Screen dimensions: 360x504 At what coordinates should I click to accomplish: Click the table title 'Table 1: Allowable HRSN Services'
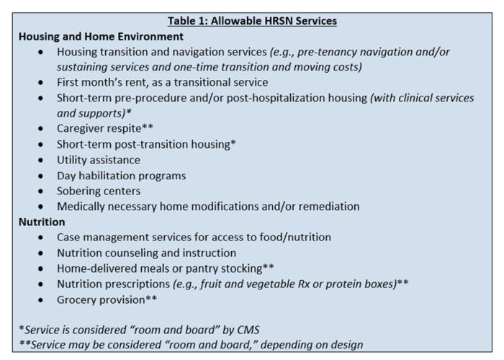coord(252,21)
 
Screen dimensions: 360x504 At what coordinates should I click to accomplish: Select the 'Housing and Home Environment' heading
coord(101,36)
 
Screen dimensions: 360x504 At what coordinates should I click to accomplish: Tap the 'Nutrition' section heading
coord(42,222)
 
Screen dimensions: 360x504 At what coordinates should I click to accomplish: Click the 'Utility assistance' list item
coord(99,160)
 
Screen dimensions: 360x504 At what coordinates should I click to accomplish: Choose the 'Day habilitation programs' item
coord(121,176)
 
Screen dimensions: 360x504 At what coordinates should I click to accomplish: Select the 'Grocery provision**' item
coord(107,300)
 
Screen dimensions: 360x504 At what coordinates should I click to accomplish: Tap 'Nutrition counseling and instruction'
coord(146,253)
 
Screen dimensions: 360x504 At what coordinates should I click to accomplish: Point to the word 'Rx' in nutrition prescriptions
coord(298,284)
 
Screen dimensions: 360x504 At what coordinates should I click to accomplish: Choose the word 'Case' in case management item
coord(70,238)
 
